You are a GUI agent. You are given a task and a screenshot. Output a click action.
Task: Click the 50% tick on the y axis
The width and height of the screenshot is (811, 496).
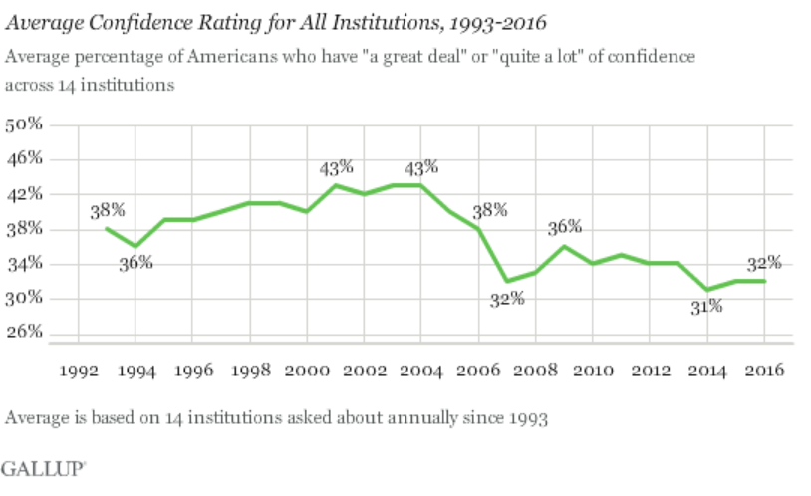(25, 125)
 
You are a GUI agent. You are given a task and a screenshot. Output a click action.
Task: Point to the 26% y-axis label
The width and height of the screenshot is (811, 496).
(25, 333)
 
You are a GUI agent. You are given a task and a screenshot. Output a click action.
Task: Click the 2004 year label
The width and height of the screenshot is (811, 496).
(419, 369)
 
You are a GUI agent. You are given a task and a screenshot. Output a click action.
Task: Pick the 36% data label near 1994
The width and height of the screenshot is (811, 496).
(135, 263)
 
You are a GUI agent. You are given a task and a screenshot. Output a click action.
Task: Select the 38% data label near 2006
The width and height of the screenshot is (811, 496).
(490, 210)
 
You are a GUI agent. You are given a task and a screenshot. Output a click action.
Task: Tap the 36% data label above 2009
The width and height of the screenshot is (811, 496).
(564, 228)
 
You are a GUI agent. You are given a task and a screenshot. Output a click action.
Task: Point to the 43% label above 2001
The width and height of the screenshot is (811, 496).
(336, 167)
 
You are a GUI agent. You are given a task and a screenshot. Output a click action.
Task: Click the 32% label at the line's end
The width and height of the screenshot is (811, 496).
(763, 263)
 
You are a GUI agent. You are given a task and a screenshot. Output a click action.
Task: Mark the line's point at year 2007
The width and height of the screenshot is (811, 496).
(506, 281)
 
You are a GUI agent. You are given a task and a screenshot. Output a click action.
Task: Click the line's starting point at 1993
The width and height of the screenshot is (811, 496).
(106, 228)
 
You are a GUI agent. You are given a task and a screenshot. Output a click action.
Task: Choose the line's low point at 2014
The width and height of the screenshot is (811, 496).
(707, 290)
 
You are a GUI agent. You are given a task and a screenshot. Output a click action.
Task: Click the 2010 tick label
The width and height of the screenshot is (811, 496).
(593, 369)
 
